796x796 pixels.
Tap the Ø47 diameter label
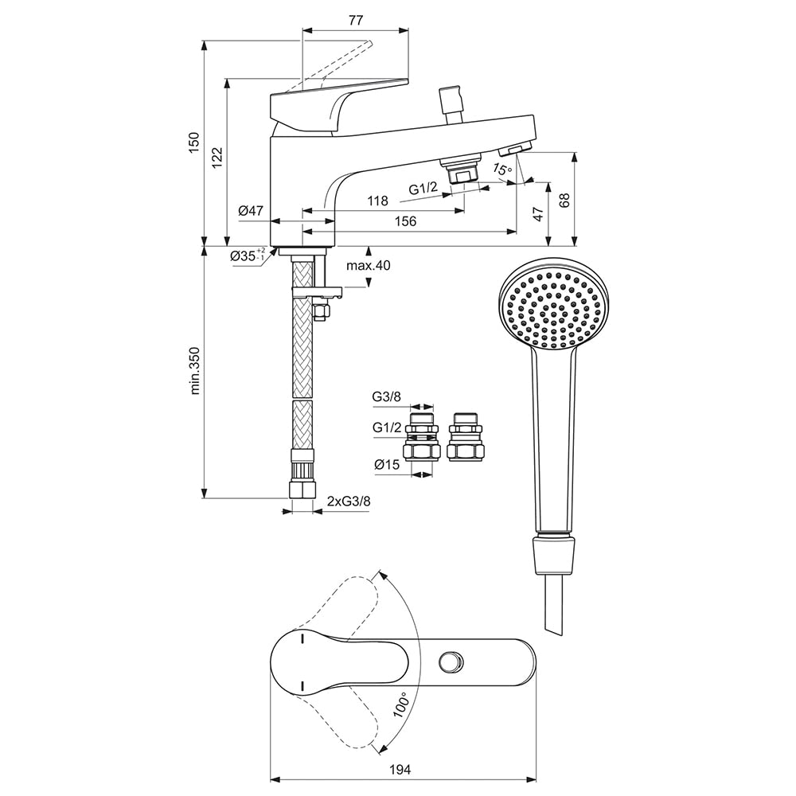coord(251,211)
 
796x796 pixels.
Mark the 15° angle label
coord(501,169)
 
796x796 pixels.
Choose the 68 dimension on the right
coord(564,199)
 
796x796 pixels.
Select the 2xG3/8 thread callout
coord(349,501)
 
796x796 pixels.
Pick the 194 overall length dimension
coord(401,769)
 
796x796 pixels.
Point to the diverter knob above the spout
coord(451,99)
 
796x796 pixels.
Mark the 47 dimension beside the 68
coord(538,213)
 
